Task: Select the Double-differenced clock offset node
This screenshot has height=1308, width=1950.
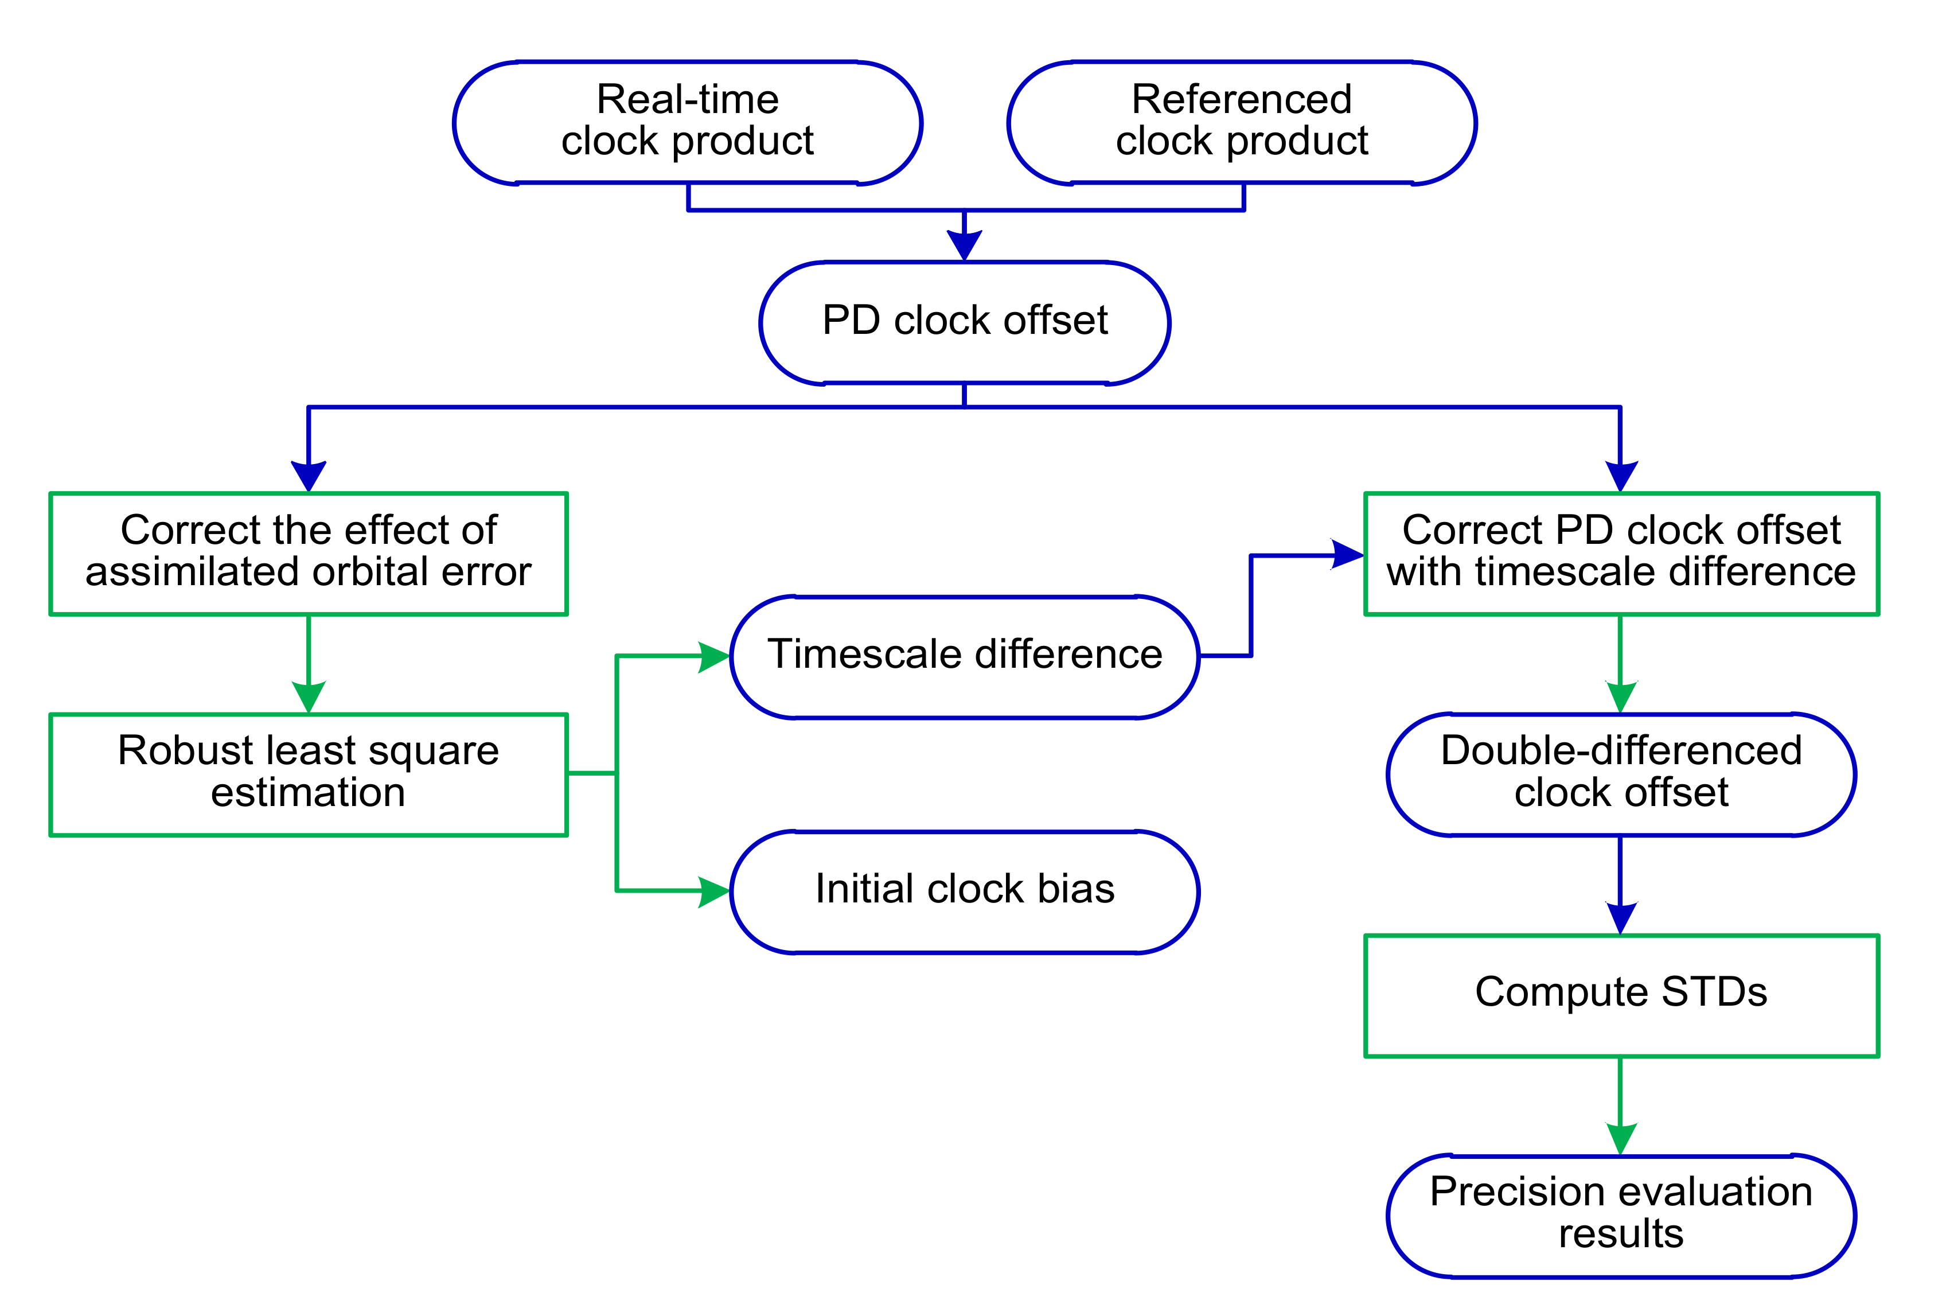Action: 1621,773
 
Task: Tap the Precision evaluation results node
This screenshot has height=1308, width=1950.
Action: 1621,1214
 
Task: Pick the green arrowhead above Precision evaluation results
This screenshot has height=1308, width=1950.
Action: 1621,1139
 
